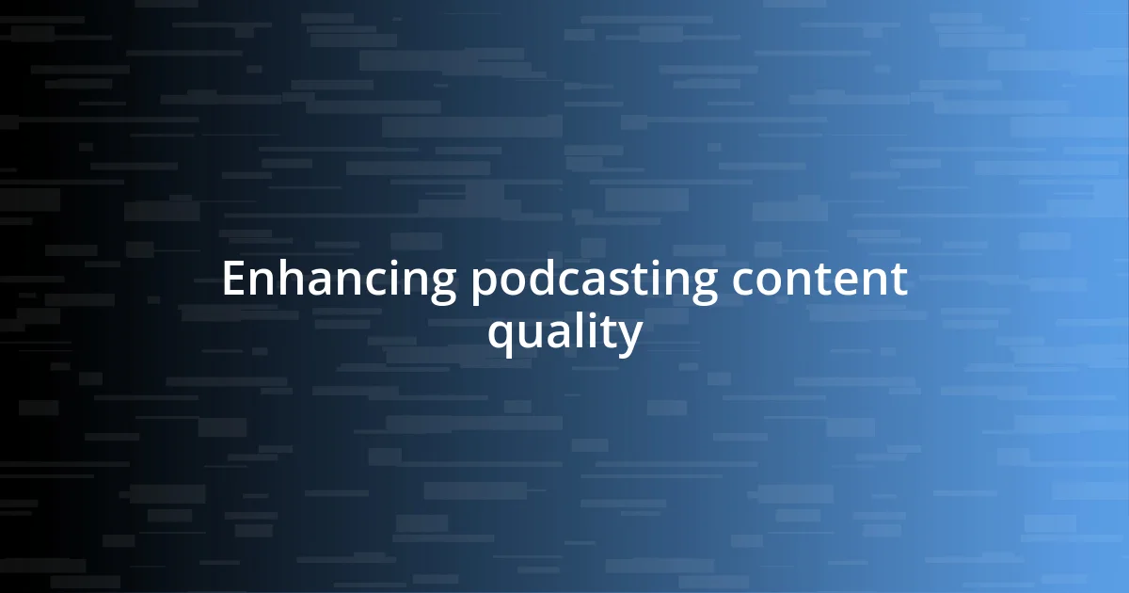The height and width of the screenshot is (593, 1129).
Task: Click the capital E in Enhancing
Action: [x=232, y=280]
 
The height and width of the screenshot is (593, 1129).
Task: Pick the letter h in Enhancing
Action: [x=285, y=280]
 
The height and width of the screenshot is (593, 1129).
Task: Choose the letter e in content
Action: [x=852, y=281]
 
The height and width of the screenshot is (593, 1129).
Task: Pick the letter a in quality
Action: [x=558, y=333]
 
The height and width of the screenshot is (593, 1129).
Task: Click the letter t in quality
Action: [x=609, y=331]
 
